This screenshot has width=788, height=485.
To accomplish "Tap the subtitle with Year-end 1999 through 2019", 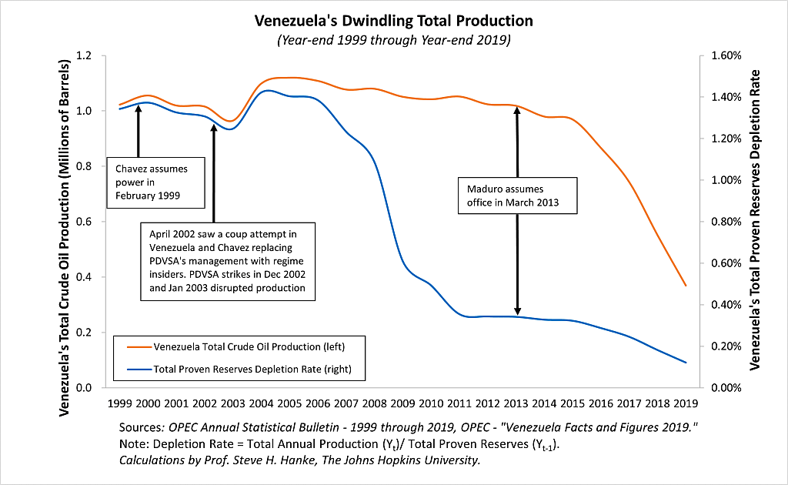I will pos(393,38).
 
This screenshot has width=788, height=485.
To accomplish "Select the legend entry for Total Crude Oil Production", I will pos(239,346).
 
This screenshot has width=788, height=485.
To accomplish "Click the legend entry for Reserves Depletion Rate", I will pos(239,369).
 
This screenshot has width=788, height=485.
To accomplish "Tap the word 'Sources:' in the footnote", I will pos(142,427).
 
